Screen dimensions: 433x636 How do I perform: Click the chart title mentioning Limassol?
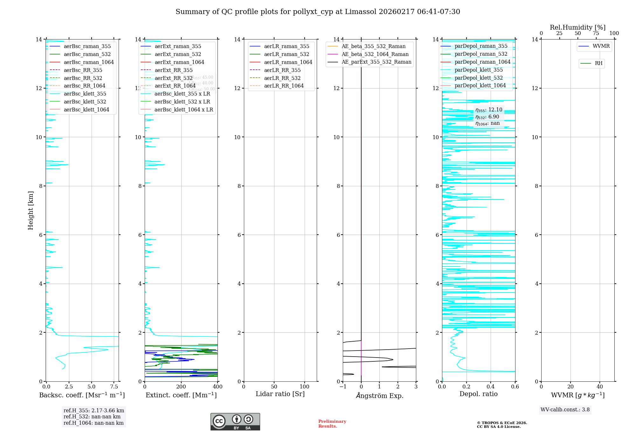click(x=318, y=12)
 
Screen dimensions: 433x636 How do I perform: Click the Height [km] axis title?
click(x=31, y=210)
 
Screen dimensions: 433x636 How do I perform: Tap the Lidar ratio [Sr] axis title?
click(x=280, y=394)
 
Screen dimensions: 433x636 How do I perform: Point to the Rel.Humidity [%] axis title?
click(x=577, y=27)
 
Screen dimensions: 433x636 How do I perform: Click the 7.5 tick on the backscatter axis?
click(x=114, y=387)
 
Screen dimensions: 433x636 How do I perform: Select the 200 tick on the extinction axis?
click(x=181, y=387)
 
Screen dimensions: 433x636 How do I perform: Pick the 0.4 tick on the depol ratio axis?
click(x=491, y=387)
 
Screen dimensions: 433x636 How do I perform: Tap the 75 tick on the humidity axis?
click(x=596, y=33)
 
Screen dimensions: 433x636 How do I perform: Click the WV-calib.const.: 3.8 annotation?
click(x=565, y=409)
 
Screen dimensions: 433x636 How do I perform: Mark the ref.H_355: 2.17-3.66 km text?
click(x=94, y=410)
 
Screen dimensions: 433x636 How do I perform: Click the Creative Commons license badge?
click(x=235, y=422)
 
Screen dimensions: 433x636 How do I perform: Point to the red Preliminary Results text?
click(x=332, y=423)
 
